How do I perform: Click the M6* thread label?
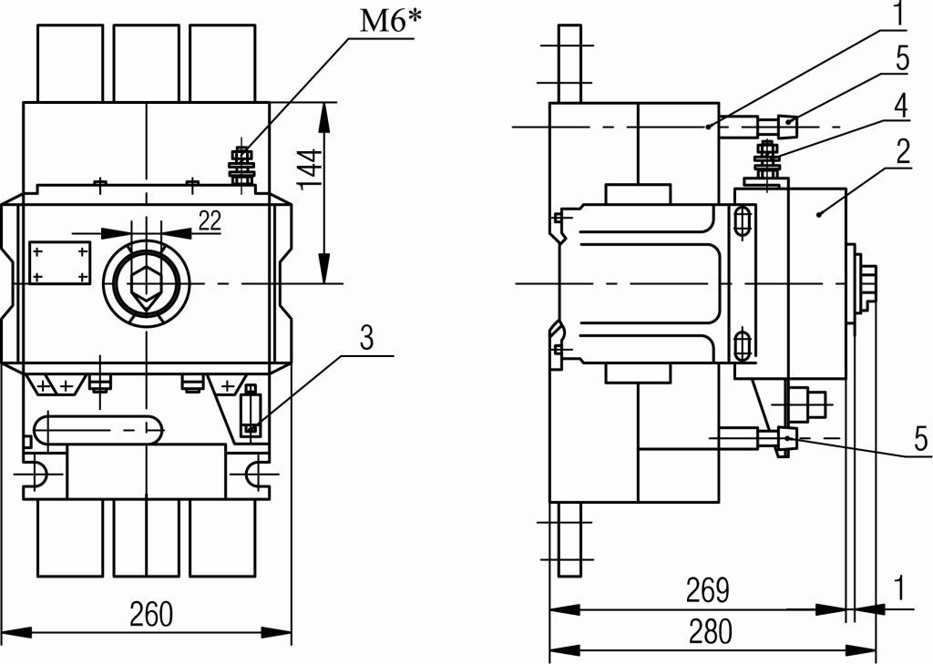click(x=390, y=22)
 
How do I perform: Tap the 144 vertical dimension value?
click(x=310, y=169)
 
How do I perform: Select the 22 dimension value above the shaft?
click(x=210, y=220)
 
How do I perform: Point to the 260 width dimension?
click(x=152, y=614)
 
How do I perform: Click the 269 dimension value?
click(x=707, y=590)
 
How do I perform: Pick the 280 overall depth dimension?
click(x=711, y=632)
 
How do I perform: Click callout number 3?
click(x=367, y=337)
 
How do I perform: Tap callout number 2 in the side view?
click(x=903, y=151)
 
